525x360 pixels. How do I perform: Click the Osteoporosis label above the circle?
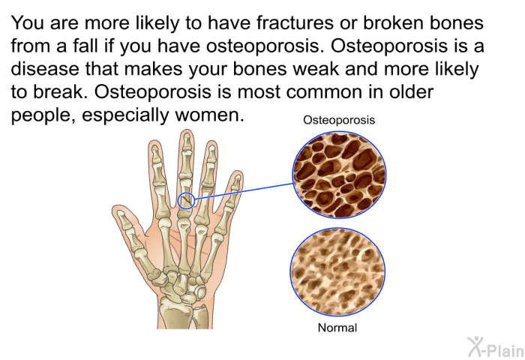coord(339,120)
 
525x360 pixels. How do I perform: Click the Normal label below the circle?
coord(337,328)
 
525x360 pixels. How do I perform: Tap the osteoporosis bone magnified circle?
coord(339,175)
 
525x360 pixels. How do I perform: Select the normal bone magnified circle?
coord(337,272)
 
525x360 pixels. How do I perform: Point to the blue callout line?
coord(244,191)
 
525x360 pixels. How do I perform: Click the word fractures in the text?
coord(295,23)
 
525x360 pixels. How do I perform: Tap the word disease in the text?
coord(45,69)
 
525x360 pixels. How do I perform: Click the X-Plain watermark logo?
coord(496,347)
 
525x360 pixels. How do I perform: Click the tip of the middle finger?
coord(186,130)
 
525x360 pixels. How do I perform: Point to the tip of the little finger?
coord(239,172)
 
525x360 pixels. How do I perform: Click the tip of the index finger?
coord(154,141)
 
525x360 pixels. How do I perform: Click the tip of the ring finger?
coord(212,142)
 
